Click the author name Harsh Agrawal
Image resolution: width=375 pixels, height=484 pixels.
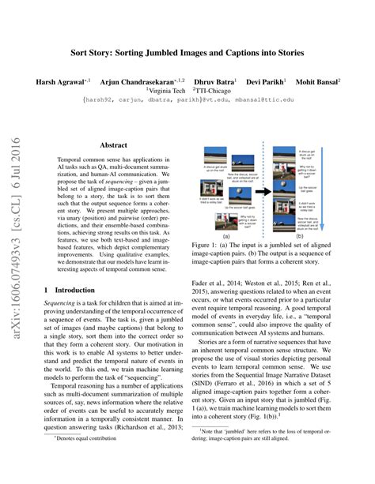click(x=60, y=82)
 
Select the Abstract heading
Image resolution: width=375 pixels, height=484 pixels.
click(x=115, y=144)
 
